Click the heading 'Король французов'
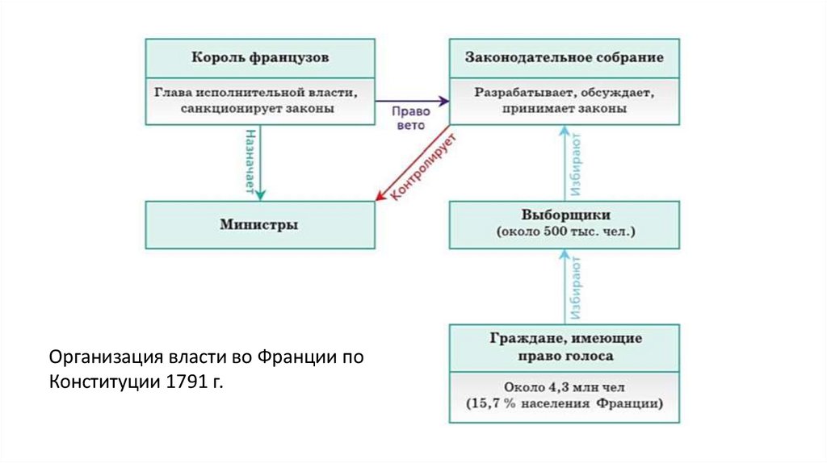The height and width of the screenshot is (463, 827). point(261,57)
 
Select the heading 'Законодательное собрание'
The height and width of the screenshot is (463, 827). point(565,57)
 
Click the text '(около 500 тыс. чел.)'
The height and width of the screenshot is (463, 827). point(565,232)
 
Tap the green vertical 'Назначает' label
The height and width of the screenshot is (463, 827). point(250,161)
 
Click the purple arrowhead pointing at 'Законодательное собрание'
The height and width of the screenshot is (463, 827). point(443,101)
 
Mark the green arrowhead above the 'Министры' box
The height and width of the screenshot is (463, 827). point(260,194)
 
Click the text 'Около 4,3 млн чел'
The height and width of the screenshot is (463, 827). point(565,386)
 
